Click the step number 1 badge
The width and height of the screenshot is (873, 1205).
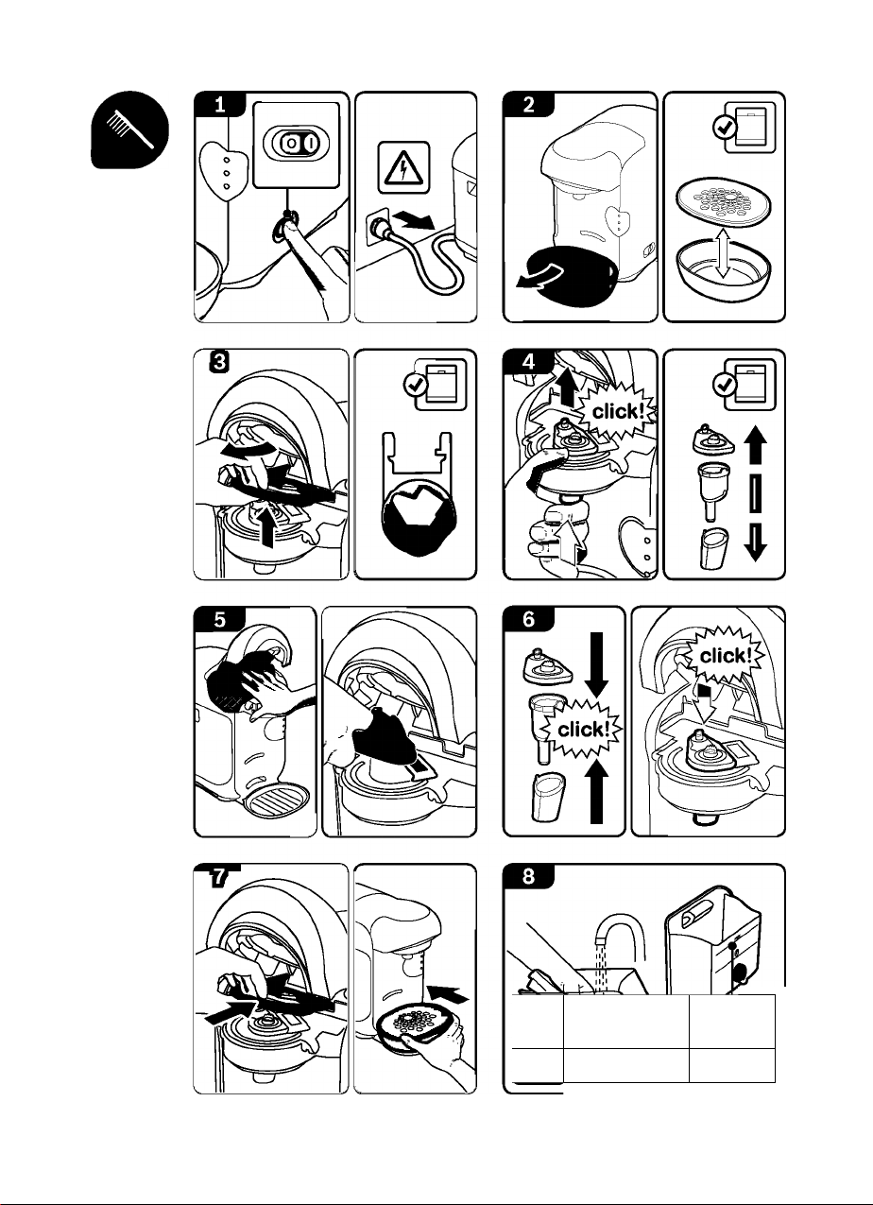(219, 104)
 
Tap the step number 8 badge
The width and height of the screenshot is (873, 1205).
(528, 876)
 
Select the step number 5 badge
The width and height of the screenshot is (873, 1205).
(219, 619)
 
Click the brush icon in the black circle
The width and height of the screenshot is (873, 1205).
(129, 129)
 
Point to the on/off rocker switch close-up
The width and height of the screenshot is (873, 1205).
(296, 144)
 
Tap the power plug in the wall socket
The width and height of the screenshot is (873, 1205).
(381, 229)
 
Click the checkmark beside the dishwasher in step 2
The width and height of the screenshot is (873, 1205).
(725, 128)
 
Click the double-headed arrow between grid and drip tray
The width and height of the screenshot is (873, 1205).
(724, 252)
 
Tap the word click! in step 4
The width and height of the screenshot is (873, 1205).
(619, 411)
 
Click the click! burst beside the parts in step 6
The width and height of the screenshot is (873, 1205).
(583, 729)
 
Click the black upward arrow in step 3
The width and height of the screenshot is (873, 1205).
(267, 525)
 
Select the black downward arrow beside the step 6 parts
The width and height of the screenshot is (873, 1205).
(596, 665)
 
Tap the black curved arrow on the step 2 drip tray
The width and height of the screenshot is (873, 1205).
(539, 275)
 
